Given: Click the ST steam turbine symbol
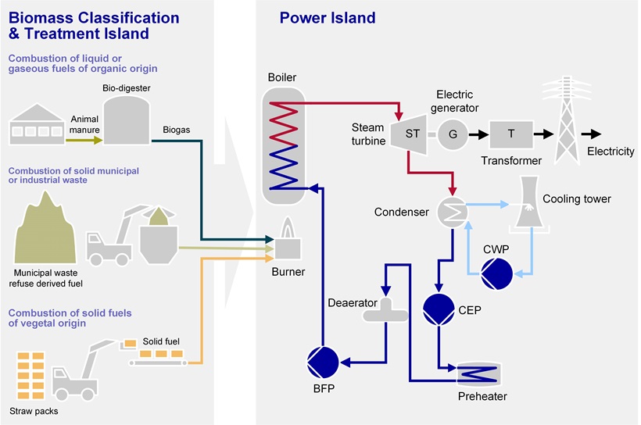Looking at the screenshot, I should tap(412, 134).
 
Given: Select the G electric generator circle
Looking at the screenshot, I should tap(453, 134).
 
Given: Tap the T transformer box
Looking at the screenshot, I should tap(511, 134).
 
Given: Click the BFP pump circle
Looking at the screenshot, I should tap(323, 360).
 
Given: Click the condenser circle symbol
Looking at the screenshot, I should tap(452, 211).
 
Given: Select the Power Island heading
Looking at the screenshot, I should tap(327, 17).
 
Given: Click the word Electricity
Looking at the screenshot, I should tap(611, 151).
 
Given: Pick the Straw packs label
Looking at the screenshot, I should tap(33, 411).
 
